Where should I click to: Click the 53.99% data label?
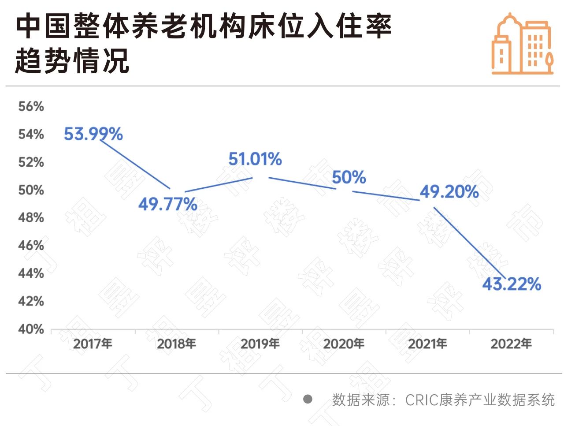93,134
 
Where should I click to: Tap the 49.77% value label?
167,204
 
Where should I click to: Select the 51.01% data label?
255,159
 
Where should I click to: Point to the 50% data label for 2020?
349,177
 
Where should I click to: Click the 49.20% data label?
449,192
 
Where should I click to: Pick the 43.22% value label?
511,284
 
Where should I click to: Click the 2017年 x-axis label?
93,344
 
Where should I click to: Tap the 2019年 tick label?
260,344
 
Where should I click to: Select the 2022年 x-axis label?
511,344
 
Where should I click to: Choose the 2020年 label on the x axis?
344,344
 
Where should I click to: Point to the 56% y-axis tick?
31,106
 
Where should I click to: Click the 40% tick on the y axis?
31,329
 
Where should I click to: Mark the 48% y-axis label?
31,217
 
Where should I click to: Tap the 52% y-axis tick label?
31,162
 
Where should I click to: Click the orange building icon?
522,44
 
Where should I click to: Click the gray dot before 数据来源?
308,399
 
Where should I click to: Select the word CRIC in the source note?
421,400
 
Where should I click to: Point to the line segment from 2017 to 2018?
134,164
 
